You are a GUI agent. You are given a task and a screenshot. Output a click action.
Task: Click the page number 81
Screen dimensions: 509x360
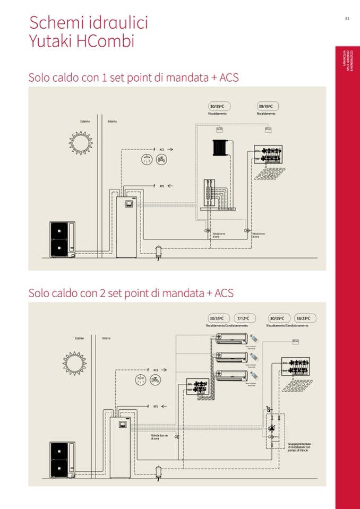347,18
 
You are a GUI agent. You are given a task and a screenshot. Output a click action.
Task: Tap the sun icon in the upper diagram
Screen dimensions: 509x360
81,142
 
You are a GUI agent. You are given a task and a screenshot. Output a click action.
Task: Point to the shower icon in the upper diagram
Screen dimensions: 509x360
146,159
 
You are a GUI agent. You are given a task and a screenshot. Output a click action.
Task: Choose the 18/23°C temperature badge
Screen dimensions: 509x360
305,318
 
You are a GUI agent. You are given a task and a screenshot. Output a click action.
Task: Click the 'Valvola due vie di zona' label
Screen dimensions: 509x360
159,437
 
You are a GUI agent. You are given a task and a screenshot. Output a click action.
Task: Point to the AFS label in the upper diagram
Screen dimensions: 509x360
162,186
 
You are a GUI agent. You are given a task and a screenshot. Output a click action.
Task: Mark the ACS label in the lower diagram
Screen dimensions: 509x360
156,369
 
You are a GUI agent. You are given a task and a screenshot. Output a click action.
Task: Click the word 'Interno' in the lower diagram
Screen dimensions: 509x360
107,338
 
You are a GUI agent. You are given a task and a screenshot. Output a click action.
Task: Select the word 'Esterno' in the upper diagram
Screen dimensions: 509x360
85,121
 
